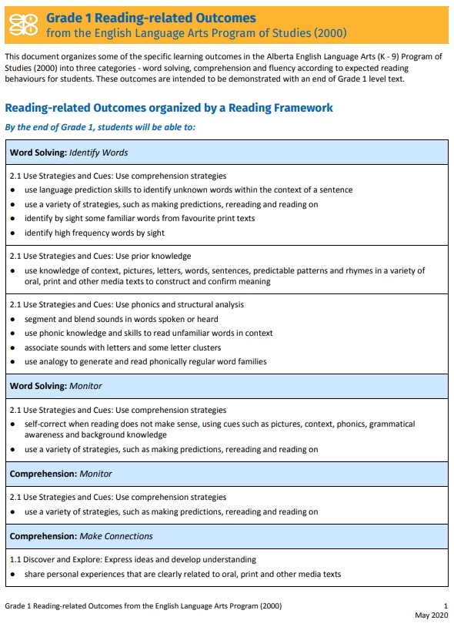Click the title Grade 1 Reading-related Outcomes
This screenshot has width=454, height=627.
(151, 18)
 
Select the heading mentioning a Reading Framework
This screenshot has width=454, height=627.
(169, 108)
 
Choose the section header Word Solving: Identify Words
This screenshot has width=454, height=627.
(68, 153)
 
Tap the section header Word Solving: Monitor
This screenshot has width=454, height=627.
(55, 386)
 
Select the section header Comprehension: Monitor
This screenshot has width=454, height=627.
(61, 474)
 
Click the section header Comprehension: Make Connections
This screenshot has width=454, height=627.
(81, 536)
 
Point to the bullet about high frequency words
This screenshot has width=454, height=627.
(95, 233)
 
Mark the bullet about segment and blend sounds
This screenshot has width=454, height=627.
(122, 319)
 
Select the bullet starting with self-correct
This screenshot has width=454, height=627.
(219, 429)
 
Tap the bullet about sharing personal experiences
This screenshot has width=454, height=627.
(182, 574)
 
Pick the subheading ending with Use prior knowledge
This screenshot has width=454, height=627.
(100, 256)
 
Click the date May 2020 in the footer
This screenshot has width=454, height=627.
(432, 615)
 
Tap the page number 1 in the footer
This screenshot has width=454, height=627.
(446, 606)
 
